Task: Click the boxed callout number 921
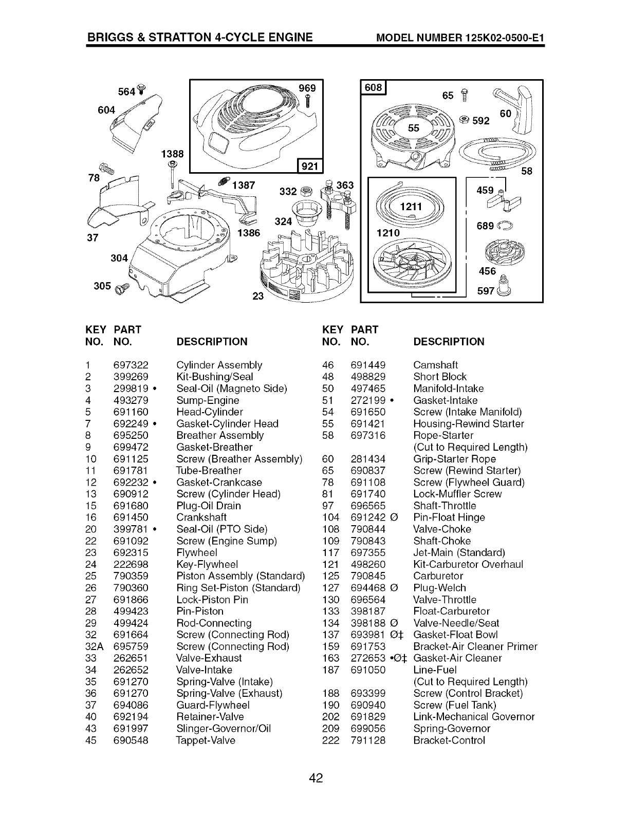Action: coord(309,165)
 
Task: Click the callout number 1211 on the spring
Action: coord(411,207)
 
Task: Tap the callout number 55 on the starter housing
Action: coord(414,128)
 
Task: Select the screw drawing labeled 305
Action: coord(122,290)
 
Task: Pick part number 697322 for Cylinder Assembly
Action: coord(131,365)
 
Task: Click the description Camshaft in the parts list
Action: coord(435,365)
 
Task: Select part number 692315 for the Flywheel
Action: coord(131,552)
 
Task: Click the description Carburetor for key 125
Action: coord(438,576)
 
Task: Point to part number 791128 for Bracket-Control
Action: coord(367,740)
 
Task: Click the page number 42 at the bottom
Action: coord(316,778)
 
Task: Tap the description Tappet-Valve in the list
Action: coord(206,740)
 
